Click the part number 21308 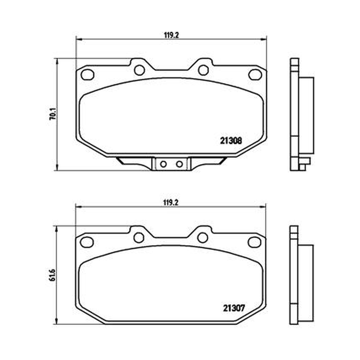coord(231,141)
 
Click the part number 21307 coord(234,308)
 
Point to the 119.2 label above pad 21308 coord(171,35)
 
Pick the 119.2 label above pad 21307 coord(171,203)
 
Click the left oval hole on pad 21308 coord(87,74)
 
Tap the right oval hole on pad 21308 coord(255,74)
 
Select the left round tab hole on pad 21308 coord(139,70)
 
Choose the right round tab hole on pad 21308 coord(203,70)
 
